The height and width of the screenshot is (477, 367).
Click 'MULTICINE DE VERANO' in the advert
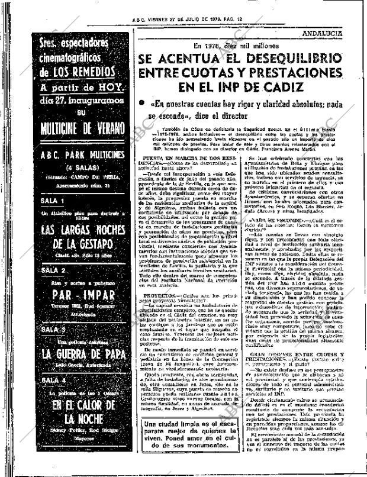(x=81, y=128)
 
